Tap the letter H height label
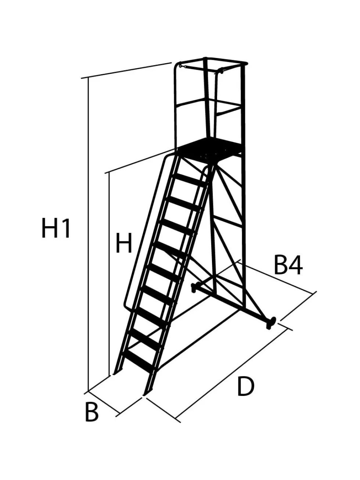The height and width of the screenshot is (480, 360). (124, 243)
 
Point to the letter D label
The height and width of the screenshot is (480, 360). (246, 387)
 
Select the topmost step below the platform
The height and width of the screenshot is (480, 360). (190, 180)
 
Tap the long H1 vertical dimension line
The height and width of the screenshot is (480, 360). (89, 234)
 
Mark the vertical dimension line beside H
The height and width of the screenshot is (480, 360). (109, 274)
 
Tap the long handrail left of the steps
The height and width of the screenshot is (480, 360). (145, 232)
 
